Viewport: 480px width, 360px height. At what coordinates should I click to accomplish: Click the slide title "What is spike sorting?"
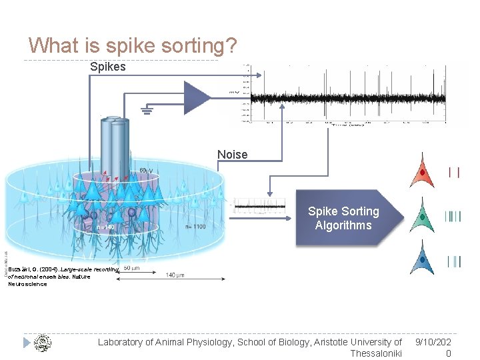tap(133, 45)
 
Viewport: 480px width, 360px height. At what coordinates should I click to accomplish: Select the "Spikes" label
tap(107, 67)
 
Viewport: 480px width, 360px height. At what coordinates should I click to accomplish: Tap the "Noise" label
tap(232, 155)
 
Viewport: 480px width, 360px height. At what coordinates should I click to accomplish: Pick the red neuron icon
tap(422, 171)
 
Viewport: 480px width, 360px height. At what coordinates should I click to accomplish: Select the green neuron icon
tap(422, 216)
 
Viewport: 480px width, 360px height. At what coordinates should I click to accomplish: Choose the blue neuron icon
tap(422, 260)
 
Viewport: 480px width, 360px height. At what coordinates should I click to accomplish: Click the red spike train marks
tap(454, 173)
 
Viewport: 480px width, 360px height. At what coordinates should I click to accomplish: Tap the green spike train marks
tap(453, 216)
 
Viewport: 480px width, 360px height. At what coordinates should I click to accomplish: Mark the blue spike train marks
tap(453, 261)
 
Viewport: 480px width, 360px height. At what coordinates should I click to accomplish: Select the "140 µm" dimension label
tap(176, 275)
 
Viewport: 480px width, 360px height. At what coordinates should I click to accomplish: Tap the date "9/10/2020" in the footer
tap(434, 347)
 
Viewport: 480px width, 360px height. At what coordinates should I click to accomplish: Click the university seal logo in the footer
tap(42, 343)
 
